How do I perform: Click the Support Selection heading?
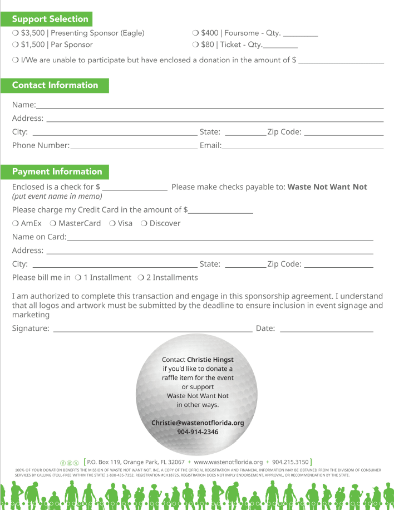[50, 19]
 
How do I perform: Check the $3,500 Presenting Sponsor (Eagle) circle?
[15, 33]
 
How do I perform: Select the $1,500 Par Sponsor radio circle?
[15, 45]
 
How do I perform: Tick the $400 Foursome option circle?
[195, 33]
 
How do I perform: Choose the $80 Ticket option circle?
[195, 45]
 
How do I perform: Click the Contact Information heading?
[55, 85]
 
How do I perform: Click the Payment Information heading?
[57, 171]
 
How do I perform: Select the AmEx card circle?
[15, 223]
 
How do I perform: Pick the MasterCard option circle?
[53, 223]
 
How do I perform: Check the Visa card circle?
[112, 223]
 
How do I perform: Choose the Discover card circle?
[144, 223]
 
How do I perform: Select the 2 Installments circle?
[141, 277]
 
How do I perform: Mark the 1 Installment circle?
[78, 277]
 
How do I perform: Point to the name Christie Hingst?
[210, 360]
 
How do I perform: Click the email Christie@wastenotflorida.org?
[198, 423]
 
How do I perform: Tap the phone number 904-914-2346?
[198, 432]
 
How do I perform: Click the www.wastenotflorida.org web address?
[228, 462]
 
